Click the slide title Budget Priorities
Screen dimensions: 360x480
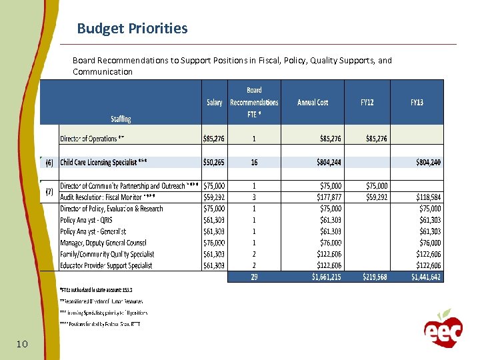[132, 29]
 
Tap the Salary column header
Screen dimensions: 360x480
[214, 103]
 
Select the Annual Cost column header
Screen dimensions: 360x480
[313, 103]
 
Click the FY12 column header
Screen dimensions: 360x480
[367, 103]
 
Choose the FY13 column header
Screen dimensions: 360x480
[417, 103]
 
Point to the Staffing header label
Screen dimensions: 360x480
[121, 119]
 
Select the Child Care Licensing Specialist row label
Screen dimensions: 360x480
[103, 162]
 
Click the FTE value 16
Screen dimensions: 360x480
[254, 162]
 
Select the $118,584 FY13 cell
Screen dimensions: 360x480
[426, 197]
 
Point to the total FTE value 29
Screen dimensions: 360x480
[254, 277]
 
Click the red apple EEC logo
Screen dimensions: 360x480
[443, 327]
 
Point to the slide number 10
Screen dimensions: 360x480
[21, 344]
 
